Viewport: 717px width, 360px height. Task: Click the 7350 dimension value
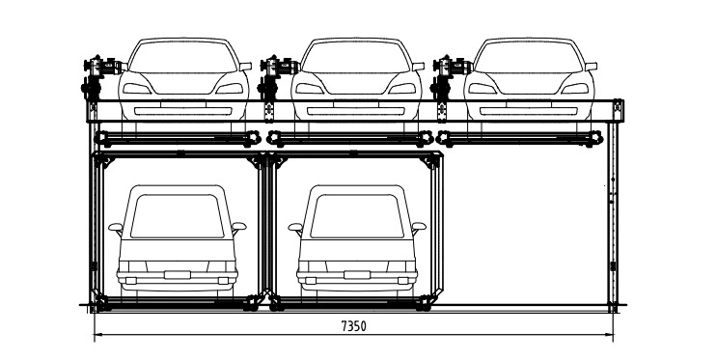point(352,327)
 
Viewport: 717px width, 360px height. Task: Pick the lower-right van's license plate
point(356,275)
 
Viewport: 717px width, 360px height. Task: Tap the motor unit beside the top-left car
point(101,69)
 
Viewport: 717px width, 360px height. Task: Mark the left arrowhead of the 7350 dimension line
point(97,335)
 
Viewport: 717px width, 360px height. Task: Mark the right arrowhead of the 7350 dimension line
point(613,335)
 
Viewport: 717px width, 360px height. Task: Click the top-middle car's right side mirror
point(417,67)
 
